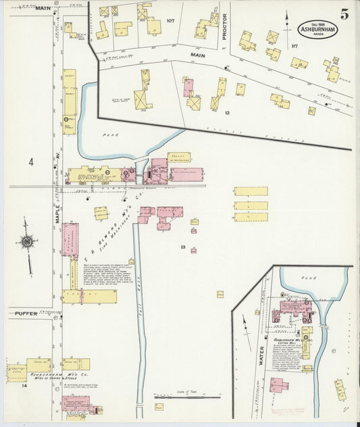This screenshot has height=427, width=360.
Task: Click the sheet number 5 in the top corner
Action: click(344, 14)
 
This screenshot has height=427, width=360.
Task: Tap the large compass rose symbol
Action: click(27, 242)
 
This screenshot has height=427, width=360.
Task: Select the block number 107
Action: click(170, 21)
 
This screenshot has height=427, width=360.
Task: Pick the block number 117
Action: click(293, 46)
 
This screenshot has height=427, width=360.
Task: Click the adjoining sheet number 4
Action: click(30, 162)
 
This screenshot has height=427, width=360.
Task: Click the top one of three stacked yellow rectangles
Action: click(251, 191)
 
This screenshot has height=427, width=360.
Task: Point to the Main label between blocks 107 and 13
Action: click(197, 55)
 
